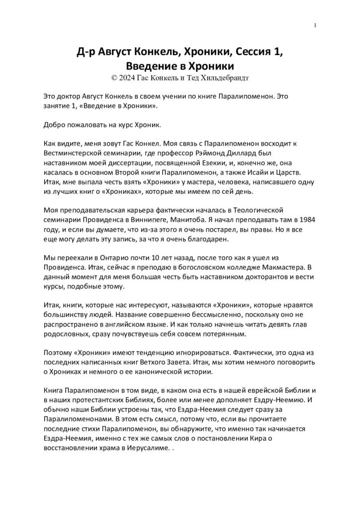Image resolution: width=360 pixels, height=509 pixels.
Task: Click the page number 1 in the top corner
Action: (x=316, y=25)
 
